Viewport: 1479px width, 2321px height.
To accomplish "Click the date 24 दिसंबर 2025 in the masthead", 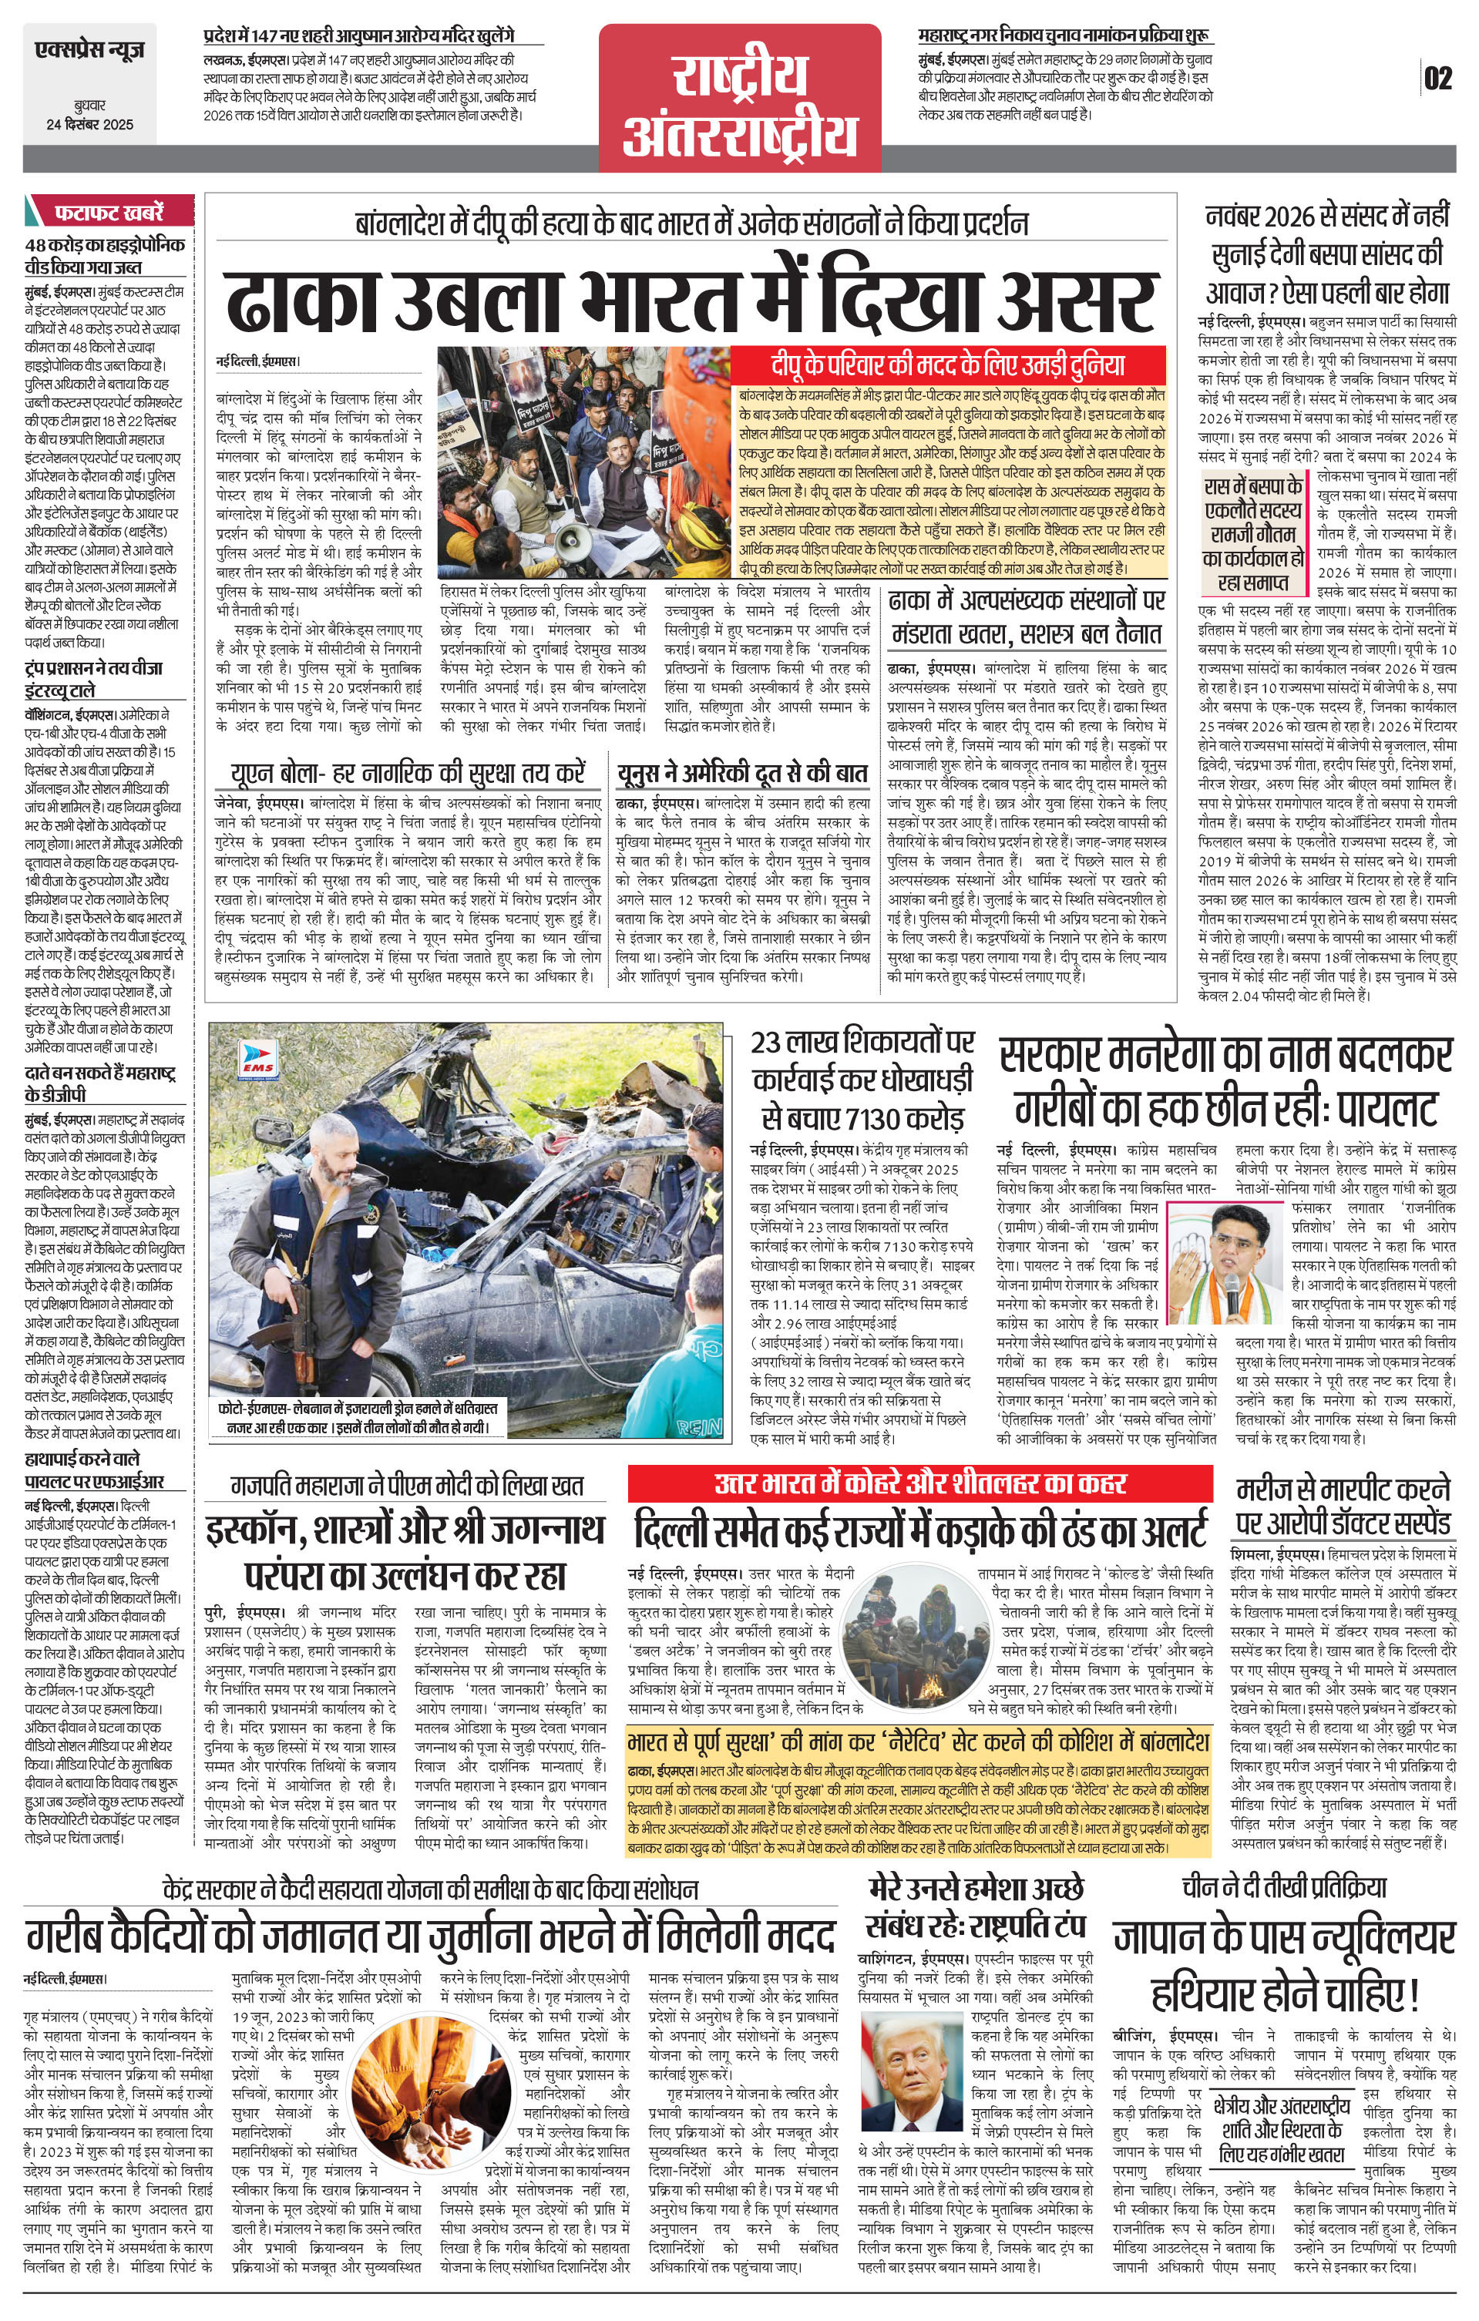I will coord(89,124).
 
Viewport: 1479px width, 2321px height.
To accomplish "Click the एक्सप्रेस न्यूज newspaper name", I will coord(89,49).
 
